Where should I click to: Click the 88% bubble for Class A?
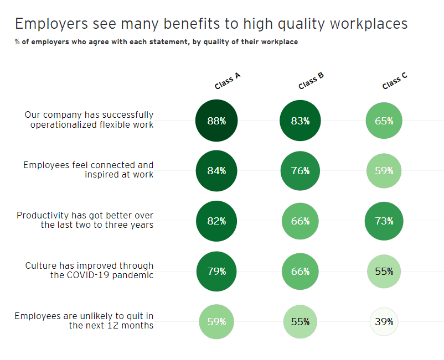(x=216, y=121)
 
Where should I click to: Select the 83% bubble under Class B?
(x=300, y=121)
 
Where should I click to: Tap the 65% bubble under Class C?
(x=384, y=121)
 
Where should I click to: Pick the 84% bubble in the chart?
(x=216, y=171)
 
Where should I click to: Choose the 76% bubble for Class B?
(x=300, y=171)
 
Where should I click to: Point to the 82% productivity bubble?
(x=216, y=221)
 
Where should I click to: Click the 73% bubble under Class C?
(x=384, y=221)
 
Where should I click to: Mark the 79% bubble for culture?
(x=216, y=272)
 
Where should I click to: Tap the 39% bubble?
(x=384, y=321)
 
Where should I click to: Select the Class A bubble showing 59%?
(x=216, y=321)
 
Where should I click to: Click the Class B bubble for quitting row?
(x=300, y=321)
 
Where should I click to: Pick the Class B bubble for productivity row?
(x=300, y=221)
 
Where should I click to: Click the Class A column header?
(x=227, y=81)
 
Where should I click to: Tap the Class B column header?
(x=311, y=81)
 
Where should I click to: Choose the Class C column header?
(x=395, y=81)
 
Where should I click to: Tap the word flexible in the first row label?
(x=115, y=124)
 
